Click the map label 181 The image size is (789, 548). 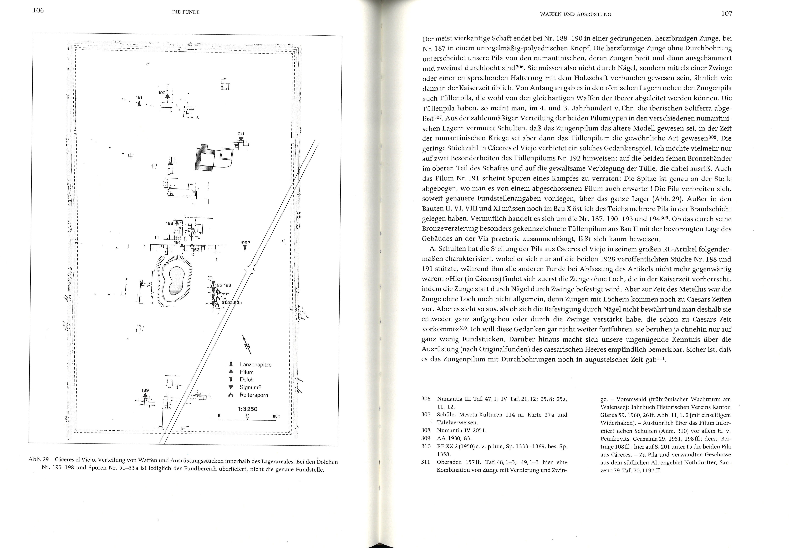click(x=139, y=97)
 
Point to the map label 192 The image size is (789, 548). click(x=162, y=93)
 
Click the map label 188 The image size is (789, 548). click(x=169, y=223)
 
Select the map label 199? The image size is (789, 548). click(x=244, y=242)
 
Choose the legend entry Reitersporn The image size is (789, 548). click(x=254, y=395)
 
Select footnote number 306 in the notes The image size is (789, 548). click(x=426, y=399)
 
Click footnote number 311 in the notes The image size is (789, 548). click(x=426, y=462)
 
